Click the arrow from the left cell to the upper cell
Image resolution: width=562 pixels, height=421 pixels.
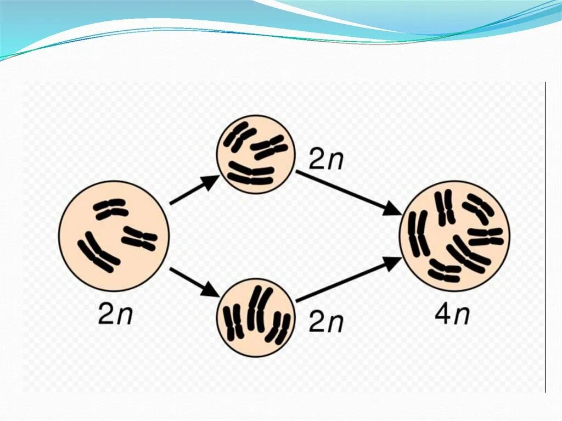pyautogui.click(x=194, y=190)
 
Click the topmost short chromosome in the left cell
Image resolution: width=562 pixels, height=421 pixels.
pyautogui.click(x=110, y=208)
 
